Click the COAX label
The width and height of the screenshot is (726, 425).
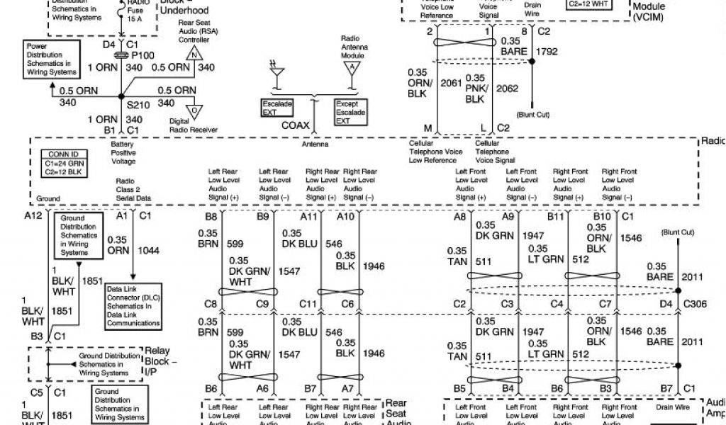[x=295, y=125]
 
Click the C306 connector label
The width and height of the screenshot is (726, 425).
[x=696, y=304]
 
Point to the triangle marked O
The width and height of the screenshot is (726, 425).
[x=194, y=110]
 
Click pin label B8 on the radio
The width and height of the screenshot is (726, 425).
[x=211, y=216]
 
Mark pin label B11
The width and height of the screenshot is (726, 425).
[x=556, y=216]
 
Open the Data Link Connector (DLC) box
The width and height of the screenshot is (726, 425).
[x=133, y=306]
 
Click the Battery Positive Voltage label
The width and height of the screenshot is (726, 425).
[x=123, y=152]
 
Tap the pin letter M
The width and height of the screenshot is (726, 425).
[x=428, y=127]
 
